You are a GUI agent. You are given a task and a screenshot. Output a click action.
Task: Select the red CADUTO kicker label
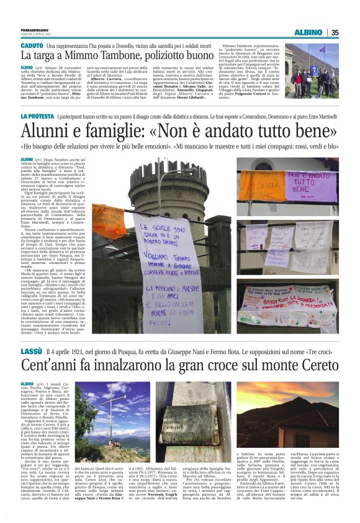coord(32,47)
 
